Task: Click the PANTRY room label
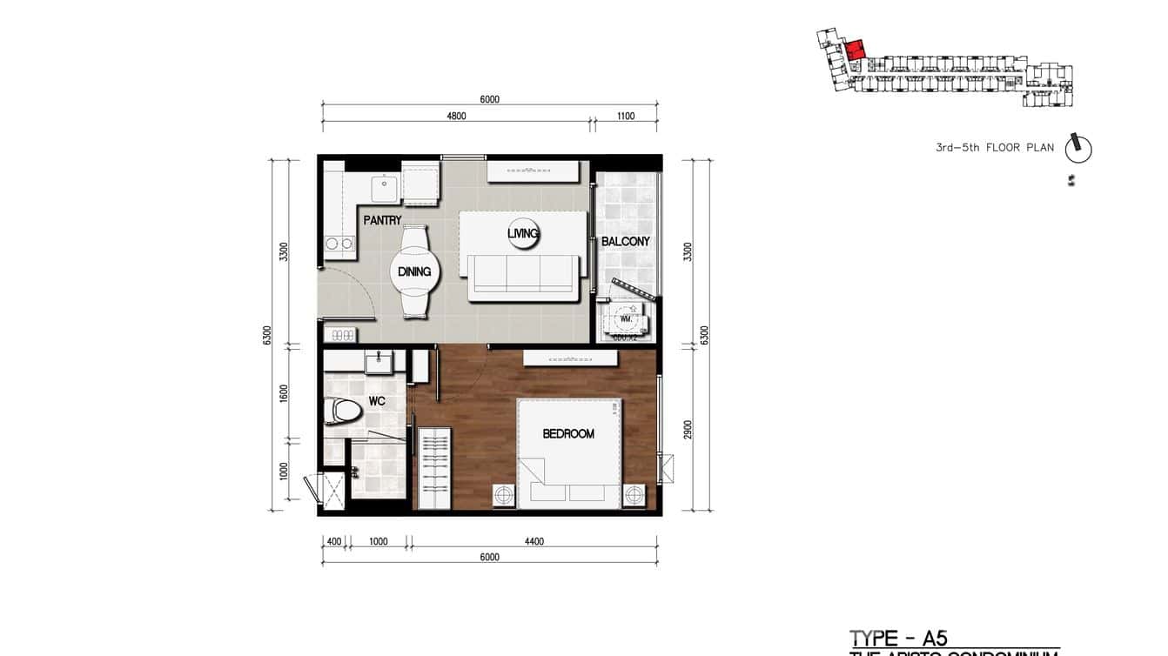pos(382,221)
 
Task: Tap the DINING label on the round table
pos(414,271)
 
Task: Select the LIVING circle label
pos(523,233)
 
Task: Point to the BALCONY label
pos(626,242)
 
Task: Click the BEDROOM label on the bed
pos(568,433)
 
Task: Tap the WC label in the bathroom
pos(376,401)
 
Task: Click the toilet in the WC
pos(341,412)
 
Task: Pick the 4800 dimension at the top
pos(456,116)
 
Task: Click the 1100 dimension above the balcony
pos(625,116)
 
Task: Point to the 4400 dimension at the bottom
pos(534,541)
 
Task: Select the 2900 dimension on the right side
pos(688,430)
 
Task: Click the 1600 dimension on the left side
pos(284,392)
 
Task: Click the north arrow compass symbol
pos(1078,148)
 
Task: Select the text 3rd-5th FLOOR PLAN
pos(994,148)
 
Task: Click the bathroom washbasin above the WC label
pos(376,361)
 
